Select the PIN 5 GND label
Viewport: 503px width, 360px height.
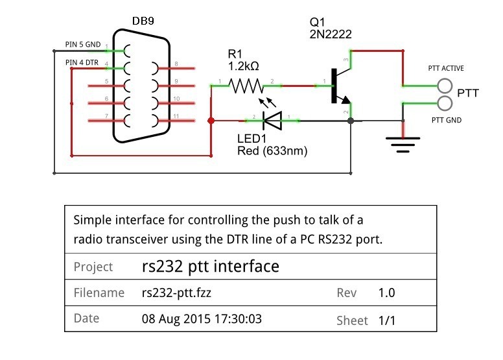tap(83, 45)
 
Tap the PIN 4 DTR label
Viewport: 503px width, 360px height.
tap(83, 62)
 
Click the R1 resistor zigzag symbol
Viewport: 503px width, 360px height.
tap(247, 85)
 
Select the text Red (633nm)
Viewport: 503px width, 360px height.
tap(272, 151)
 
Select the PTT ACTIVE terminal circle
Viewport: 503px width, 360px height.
tap(445, 86)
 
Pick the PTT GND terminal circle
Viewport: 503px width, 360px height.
tap(445, 103)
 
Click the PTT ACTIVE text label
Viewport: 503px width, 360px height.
tap(446, 68)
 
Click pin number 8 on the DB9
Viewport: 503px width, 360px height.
tap(176, 63)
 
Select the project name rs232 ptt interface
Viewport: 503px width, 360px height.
tap(210, 266)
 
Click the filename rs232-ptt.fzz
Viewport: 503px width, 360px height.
tap(176, 293)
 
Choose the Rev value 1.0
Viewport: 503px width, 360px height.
tap(387, 293)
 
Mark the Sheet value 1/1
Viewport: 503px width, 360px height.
tap(387, 320)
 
